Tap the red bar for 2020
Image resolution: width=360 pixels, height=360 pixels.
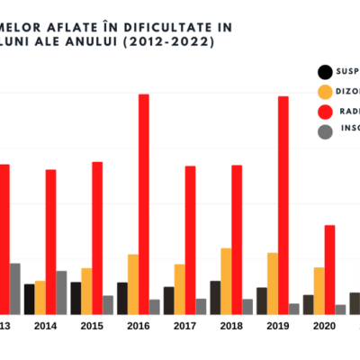[x=329, y=269]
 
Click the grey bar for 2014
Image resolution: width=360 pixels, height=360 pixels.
[x=61, y=292]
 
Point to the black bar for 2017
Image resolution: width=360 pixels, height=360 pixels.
[x=169, y=301]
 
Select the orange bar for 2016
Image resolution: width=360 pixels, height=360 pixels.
[x=133, y=284]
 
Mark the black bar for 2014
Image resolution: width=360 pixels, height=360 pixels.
[x=30, y=299]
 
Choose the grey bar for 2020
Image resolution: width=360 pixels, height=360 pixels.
[x=340, y=310]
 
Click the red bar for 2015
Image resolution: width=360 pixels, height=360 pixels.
[x=97, y=238]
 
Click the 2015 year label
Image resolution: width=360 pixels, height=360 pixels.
[x=92, y=327]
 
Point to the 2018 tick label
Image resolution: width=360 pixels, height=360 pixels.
[x=231, y=327]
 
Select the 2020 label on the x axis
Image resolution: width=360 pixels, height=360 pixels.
[x=324, y=327]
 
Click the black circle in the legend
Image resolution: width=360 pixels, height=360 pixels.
[x=324, y=72]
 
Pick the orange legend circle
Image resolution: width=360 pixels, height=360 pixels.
[x=324, y=92]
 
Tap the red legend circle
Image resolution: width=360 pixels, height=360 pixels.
[x=324, y=112]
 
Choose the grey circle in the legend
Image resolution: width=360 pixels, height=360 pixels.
[x=324, y=131]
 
